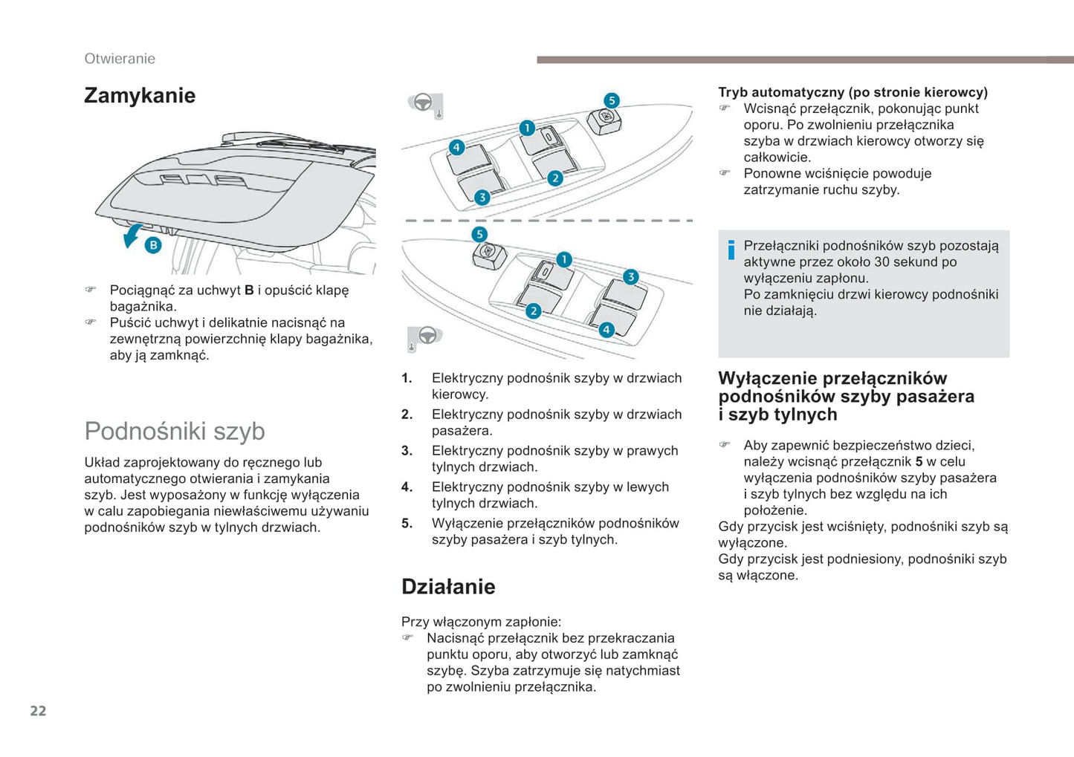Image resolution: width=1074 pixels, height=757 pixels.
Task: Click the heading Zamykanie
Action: point(140,96)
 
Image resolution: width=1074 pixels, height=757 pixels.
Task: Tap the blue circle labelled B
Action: point(153,245)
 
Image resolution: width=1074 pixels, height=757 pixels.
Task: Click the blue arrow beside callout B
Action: point(132,235)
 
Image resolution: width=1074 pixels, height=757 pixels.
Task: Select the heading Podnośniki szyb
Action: point(175,431)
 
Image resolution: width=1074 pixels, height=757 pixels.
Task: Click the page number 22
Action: point(38,711)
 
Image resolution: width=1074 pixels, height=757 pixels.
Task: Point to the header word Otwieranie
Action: point(120,59)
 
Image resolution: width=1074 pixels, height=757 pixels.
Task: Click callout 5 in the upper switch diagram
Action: point(611,100)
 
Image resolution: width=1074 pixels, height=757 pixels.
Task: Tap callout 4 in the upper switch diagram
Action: point(456,147)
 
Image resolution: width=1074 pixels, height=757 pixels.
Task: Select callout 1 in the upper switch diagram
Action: point(527,128)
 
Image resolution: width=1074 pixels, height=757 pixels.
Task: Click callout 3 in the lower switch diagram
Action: point(630,277)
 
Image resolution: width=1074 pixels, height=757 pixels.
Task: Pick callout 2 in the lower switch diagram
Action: point(533,311)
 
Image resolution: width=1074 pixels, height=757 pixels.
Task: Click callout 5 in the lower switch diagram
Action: point(479,234)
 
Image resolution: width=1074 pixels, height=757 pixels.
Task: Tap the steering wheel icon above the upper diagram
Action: point(423,103)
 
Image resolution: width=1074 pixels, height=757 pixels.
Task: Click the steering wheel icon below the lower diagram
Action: point(427,336)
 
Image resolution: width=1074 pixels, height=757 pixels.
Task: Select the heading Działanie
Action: point(448,587)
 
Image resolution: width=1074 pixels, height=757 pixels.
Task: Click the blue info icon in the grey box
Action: point(731,250)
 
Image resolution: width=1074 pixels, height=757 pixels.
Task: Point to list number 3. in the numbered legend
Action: point(407,451)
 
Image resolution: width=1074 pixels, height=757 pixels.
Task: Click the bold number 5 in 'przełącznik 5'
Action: point(919,462)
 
